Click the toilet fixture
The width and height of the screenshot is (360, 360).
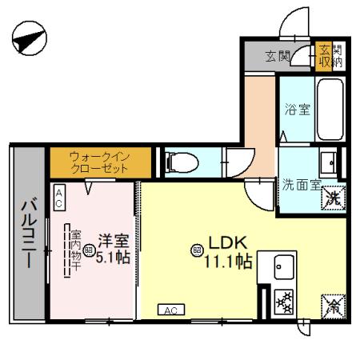pyautogui.click(x=179, y=162)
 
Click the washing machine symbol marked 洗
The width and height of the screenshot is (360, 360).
pyautogui.click(x=333, y=198)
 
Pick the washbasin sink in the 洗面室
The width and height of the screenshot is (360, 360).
pyautogui.click(x=330, y=163)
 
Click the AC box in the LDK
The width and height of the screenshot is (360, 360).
pyautogui.click(x=170, y=310)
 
